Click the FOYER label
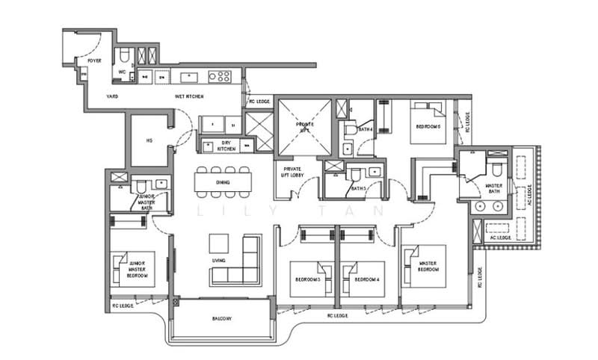(x=93, y=60)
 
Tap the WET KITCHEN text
(x=189, y=96)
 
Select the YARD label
(x=112, y=96)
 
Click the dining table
(x=223, y=181)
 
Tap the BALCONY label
(x=221, y=319)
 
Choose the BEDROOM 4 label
(x=366, y=280)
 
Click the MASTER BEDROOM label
(x=428, y=266)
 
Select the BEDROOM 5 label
(x=428, y=127)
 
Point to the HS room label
(x=149, y=140)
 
